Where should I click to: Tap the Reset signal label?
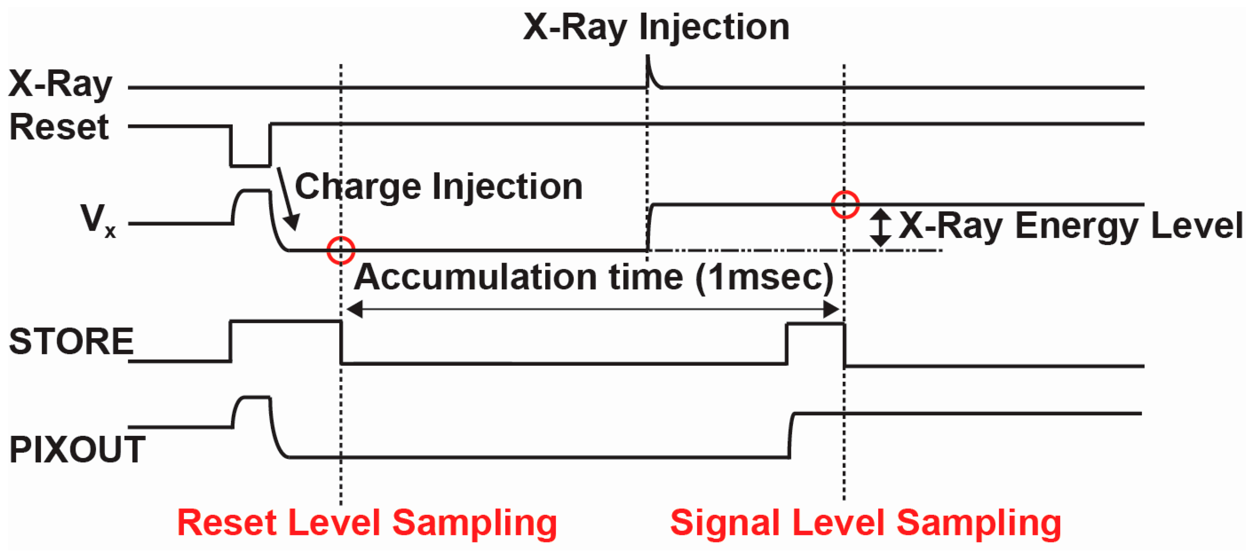[59, 127]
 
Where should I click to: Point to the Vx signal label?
[97, 220]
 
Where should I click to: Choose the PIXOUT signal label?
[77, 449]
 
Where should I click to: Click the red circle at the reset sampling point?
[341, 250]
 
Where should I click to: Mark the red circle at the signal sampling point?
[845, 205]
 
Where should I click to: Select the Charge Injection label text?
[438, 187]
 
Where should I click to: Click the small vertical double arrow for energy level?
[880, 227]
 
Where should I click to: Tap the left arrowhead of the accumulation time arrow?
[354, 309]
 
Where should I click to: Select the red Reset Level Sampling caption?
[367, 523]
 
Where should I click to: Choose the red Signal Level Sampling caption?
[865, 523]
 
